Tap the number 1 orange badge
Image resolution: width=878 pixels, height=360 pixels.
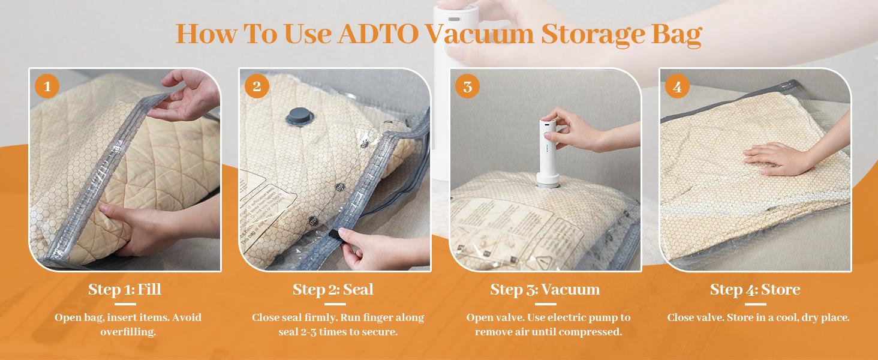coord(47,87)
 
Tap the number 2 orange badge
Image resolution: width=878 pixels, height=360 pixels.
coord(257,87)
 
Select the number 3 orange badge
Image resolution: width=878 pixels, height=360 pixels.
coord(467,87)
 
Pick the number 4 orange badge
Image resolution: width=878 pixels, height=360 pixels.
coord(677,87)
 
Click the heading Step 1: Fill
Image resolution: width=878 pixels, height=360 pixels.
coord(125,290)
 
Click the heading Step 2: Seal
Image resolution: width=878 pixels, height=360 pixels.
coord(333,290)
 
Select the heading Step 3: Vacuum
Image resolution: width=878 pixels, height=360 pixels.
coord(545,290)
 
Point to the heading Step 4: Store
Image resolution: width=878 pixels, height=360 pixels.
coord(755,290)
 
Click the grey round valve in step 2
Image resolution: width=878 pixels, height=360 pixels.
coord(297,115)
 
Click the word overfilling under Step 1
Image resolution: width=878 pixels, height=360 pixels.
coord(128,332)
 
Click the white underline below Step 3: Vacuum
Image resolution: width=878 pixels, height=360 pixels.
coord(545,304)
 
